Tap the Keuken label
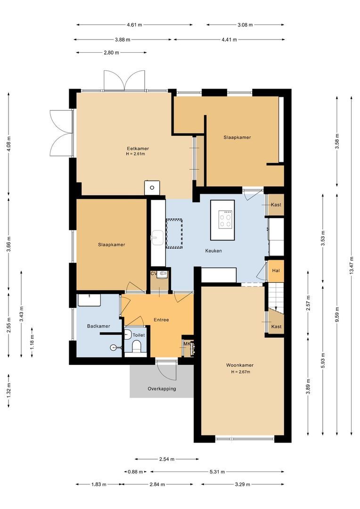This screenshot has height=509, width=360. coord(213,251)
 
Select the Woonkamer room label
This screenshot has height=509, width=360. coord(240,365)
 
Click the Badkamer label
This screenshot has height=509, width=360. coord(98,326)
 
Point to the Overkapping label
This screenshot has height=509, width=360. coord(162,389)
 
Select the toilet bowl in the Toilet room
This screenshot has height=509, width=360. coord(137,348)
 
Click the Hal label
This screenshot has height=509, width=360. coord(276,271)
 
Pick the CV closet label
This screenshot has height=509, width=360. coord(154,273)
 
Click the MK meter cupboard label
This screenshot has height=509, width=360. coord(187,344)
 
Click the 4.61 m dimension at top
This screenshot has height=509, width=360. coord(135,25)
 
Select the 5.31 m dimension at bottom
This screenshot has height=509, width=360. coord(217,471)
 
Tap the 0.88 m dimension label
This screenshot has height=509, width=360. coord(136,471)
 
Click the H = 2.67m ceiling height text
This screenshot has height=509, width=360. coord(240,372)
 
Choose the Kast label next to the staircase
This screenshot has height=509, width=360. coord(277,327)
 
